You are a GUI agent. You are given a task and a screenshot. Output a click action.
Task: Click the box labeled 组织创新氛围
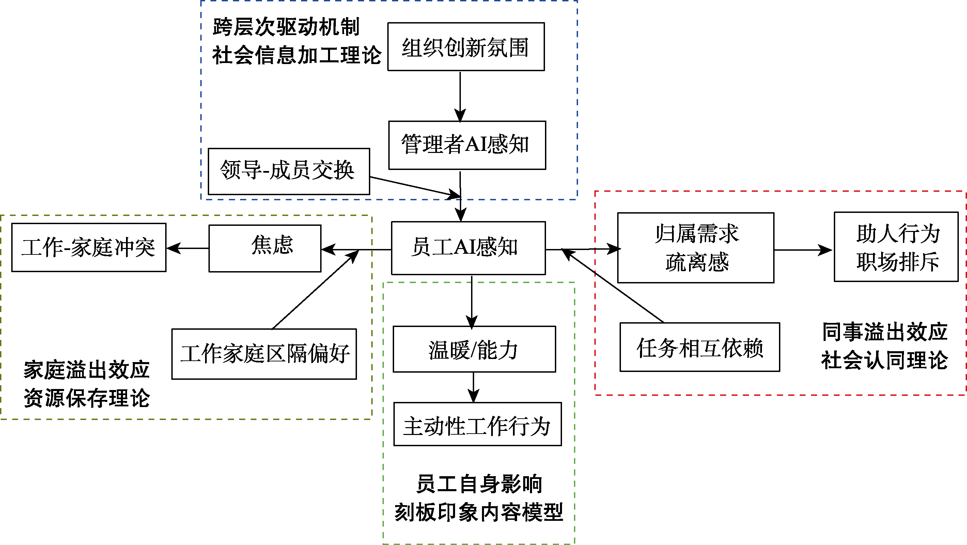tap(466, 47)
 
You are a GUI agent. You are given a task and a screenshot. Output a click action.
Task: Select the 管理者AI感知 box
tap(467, 145)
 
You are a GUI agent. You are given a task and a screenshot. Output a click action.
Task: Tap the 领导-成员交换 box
tap(289, 171)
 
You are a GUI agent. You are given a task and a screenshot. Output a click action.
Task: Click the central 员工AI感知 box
tap(468, 248)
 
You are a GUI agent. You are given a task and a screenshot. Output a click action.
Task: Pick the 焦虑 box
tap(265, 248)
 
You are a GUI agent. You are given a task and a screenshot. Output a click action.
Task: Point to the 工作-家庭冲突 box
tap(89, 247)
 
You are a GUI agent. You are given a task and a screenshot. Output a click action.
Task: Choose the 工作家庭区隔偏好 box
tap(264, 354)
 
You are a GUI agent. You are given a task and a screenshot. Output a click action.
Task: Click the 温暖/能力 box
tap(474, 349)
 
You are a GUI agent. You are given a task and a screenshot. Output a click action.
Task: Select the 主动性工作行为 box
tap(477, 424)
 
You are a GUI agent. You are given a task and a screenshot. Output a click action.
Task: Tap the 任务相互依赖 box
tap(699, 347)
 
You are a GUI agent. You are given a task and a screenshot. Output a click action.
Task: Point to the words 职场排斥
tap(897, 262)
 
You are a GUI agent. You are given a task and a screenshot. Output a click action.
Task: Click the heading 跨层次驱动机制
tap(286, 27)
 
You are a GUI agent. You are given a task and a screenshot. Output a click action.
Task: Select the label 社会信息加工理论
tap(297, 55)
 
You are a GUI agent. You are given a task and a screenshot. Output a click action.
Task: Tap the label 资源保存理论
tap(87, 398)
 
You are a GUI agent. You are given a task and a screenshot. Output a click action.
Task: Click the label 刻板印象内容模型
tap(479, 512)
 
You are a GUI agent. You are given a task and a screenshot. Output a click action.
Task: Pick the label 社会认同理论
tap(885, 360)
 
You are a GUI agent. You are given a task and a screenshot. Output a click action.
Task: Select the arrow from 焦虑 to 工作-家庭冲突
tap(187, 248)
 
